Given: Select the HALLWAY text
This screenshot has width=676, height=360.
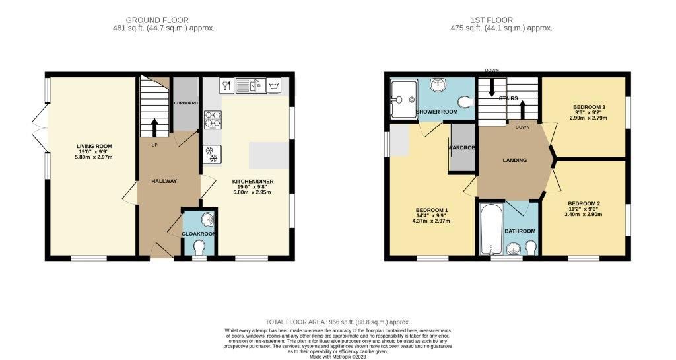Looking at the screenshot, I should pyautogui.click(x=163, y=181).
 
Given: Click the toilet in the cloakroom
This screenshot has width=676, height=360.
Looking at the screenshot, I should pyautogui.click(x=199, y=246).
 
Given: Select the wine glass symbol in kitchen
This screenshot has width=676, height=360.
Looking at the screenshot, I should pyautogui.click(x=226, y=85).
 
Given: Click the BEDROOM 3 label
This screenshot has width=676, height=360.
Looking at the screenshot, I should pyautogui.click(x=590, y=107).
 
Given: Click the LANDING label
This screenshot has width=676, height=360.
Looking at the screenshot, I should pyautogui.click(x=514, y=160).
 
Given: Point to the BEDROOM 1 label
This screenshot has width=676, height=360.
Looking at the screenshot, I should pyautogui.click(x=432, y=209).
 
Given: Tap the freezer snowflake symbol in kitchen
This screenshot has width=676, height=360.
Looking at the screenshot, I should pyautogui.click(x=213, y=154).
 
